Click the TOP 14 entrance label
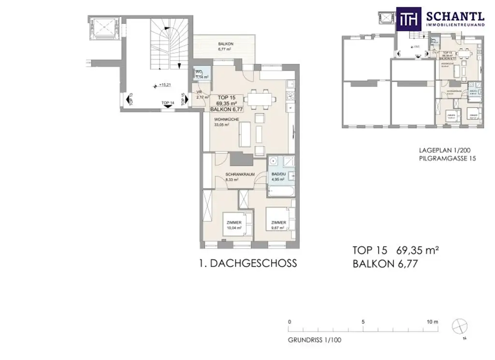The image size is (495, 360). pos(167,103)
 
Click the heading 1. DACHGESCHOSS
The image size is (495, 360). pos(247,263)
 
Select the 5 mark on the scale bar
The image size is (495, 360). pos(363,322)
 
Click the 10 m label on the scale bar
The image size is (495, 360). pos(432,322)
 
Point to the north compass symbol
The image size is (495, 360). pos(459,326)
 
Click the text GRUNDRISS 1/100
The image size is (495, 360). pos(315,340)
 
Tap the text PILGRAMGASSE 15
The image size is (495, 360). pos(448,158)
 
